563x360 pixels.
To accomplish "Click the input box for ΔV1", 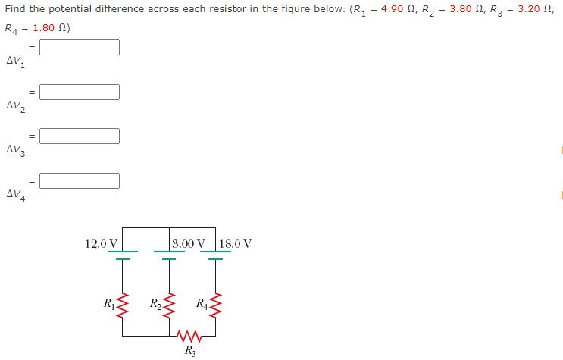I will (x=80, y=47).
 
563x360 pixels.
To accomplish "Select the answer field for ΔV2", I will (x=80, y=92).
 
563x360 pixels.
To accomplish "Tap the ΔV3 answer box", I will (x=80, y=136).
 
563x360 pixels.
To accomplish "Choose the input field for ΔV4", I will (x=80, y=180).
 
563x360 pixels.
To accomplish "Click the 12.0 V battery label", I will (x=101, y=244).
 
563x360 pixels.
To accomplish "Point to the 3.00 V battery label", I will (x=188, y=244).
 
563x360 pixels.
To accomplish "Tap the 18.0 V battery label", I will (x=236, y=244).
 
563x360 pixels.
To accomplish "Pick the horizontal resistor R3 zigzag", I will (x=186, y=335).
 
